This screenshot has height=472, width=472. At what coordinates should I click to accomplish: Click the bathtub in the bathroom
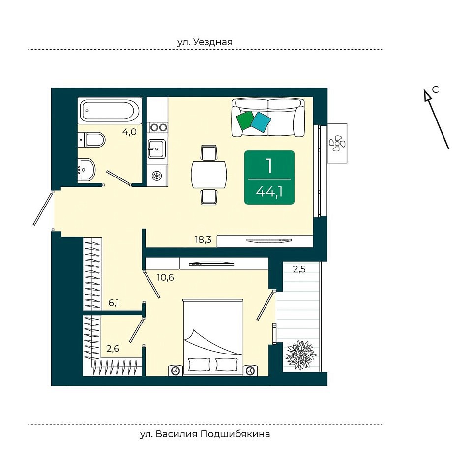pos(110,111)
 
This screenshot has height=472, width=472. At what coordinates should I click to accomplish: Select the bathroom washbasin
pos(87,170)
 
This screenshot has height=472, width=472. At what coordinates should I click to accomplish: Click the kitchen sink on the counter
pos(156,148)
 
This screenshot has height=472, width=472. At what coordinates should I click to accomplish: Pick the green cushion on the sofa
pos(246,120)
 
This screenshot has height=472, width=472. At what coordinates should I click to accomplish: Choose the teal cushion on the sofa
pos(261,122)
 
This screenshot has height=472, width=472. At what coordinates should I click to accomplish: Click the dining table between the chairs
pos(208,175)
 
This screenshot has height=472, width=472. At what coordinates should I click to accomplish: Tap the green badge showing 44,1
pos(269,177)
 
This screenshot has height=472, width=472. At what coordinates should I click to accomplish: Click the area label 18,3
pos(203,239)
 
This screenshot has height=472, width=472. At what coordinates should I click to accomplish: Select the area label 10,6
pos(165,277)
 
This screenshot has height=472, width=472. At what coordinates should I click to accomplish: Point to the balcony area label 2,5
pos(299,269)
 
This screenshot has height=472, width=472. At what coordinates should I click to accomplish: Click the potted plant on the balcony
pos(301,354)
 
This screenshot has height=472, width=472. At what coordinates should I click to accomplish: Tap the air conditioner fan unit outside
pos(337,143)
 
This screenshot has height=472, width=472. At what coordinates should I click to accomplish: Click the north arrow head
pos(427,95)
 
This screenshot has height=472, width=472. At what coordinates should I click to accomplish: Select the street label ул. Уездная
pos(205,42)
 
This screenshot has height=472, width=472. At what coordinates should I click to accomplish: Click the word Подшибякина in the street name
pos(235,434)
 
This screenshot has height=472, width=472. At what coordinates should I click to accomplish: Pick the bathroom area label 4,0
pos(129,132)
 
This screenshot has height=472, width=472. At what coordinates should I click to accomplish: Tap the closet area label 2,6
pos(113,349)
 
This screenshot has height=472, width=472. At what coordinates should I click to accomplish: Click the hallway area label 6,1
pos(114,303)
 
